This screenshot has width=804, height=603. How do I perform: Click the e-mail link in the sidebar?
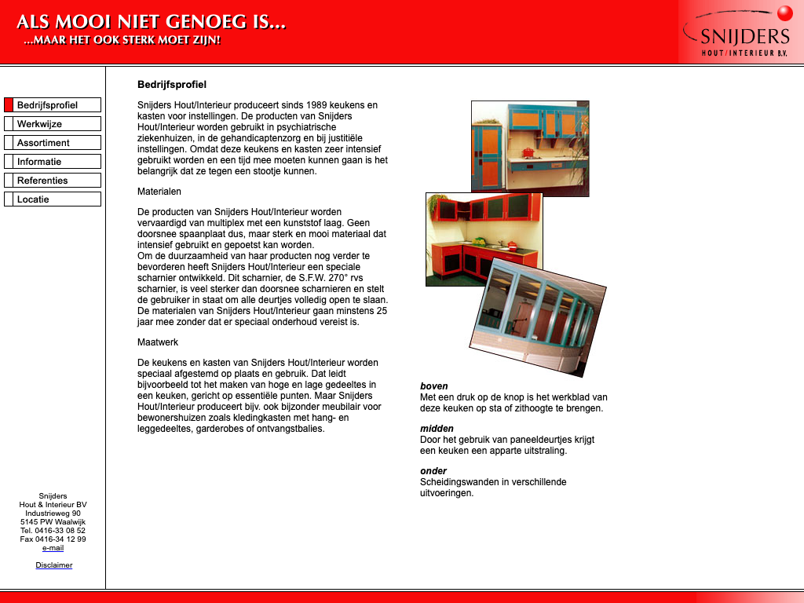pos(53,548)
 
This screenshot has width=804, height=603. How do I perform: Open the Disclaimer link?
pos(53,565)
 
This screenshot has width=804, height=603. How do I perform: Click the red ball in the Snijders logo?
pos(784,13)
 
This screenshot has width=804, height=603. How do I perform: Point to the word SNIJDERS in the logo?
pos(744,36)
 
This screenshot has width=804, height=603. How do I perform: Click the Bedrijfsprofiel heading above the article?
pos(172,85)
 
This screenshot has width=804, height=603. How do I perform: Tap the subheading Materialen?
pos(159,192)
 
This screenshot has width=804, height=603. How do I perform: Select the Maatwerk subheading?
pos(158,342)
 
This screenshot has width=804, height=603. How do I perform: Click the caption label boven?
pos(434,386)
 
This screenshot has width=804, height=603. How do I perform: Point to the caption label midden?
pos(437,429)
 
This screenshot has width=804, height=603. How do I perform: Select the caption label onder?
pos(433,471)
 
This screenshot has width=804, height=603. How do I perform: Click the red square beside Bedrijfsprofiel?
pos(9,105)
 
